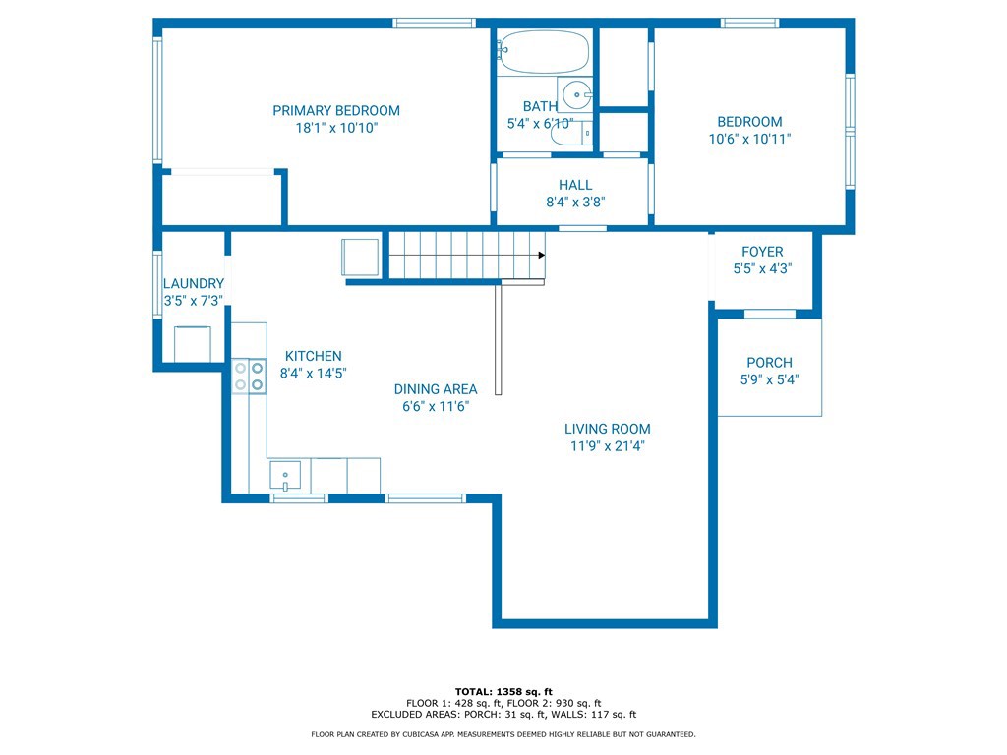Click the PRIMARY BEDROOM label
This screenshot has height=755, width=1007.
pos(336,110)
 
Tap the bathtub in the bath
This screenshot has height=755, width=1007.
pos(543,51)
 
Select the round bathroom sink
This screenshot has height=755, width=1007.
pos(576,95)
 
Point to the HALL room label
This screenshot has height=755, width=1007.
pos(574,185)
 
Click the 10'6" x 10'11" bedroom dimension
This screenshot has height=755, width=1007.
pos(749,139)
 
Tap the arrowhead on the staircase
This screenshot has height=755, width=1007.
pos(542,255)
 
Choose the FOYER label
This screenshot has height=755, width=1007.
pos(762,252)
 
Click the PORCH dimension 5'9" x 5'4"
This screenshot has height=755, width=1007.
pos(769,379)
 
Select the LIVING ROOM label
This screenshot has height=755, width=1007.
pos(608,429)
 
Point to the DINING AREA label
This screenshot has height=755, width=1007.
pos(436,389)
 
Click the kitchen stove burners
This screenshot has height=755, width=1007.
pos(249,377)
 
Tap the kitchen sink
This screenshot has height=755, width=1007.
pos(285,476)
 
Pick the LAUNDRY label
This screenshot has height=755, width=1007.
pos(194,283)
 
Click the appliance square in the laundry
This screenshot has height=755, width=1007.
pos(193,344)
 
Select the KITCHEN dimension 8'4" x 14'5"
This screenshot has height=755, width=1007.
pos(314,373)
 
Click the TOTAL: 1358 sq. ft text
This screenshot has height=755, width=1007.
pos(503,691)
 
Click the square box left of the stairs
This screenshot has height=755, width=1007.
pos(360,257)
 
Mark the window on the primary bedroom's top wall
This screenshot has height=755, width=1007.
pos(434,23)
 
